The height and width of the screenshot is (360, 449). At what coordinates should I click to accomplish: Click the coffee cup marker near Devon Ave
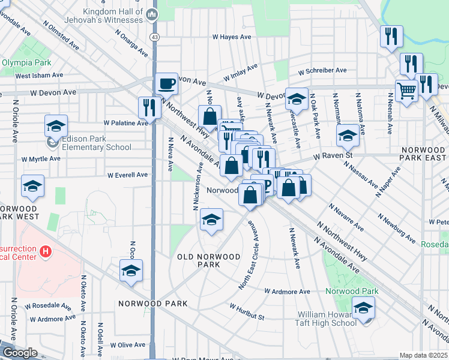click(166, 83)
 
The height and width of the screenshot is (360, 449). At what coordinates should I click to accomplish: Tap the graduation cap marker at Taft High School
click(363, 308)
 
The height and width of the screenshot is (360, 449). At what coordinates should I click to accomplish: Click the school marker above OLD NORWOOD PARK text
click(211, 220)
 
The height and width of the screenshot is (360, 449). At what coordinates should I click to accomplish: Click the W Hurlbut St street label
click(246, 311)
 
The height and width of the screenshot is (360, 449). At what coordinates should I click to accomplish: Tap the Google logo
click(19, 353)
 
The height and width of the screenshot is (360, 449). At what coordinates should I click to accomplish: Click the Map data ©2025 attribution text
click(423, 355)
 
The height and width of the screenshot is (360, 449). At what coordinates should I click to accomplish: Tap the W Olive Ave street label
click(128, 345)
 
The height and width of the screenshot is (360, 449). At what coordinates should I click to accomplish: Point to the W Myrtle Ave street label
click(41, 159)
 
